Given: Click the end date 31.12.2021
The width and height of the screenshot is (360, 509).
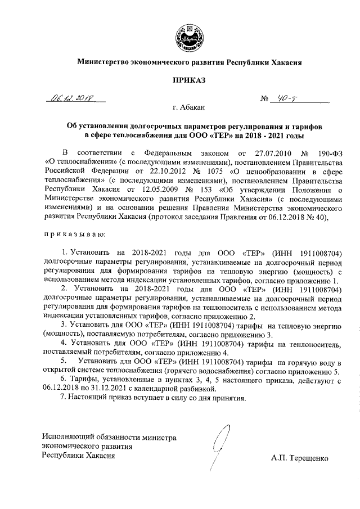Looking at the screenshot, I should [116, 388].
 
